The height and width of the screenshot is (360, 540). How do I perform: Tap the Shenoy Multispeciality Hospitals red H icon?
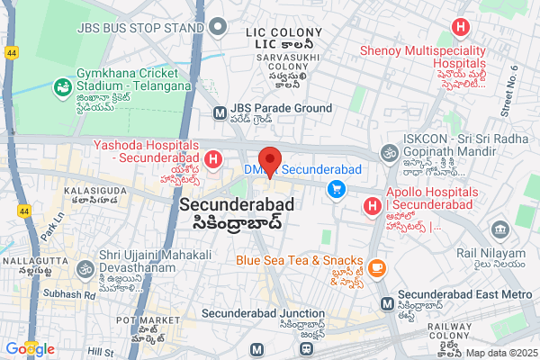(x=461, y=28)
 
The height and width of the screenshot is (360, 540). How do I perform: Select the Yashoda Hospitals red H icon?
(x=213, y=161)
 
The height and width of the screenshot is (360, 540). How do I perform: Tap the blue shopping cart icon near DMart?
(x=337, y=188)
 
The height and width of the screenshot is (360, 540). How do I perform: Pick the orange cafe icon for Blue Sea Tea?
(x=375, y=267)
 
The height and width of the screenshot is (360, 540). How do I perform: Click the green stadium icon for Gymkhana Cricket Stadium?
(x=62, y=87)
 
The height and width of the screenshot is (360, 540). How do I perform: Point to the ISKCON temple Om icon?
(x=390, y=154)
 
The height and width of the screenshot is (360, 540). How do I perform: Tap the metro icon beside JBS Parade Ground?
(x=219, y=113)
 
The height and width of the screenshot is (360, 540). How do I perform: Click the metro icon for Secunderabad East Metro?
(x=386, y=304)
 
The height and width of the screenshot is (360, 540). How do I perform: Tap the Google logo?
(x=30, y=348)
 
